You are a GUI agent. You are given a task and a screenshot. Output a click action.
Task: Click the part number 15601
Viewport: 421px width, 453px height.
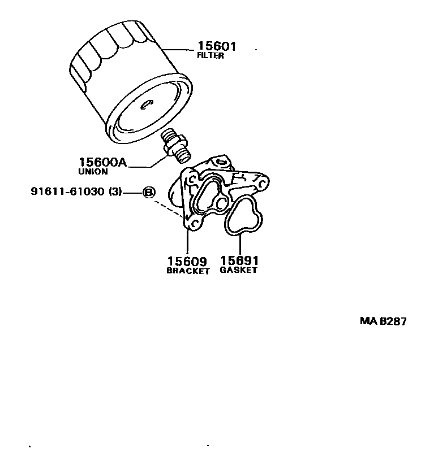tap(216, 46)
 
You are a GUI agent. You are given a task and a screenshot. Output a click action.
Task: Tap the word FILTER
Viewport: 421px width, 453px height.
tap(211, 56)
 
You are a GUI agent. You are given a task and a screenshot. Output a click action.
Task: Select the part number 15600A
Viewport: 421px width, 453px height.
tap(102, 163)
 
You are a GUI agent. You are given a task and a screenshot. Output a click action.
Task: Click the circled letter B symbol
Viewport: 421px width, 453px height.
tap(148, 192)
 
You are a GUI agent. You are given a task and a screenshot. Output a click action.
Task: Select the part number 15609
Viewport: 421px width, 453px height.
tap(187, 262)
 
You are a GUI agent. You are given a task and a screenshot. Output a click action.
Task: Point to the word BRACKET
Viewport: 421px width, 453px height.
tap(188, 271)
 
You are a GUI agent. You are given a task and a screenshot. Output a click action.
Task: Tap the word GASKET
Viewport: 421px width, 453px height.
tap(239, 270)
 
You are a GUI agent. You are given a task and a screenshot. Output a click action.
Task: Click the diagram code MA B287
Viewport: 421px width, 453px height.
tap(383, 321)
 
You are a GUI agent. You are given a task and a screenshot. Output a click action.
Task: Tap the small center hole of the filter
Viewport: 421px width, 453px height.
tap(145, 104)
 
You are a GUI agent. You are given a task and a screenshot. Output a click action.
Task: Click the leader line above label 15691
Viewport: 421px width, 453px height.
tap(240, 244)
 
